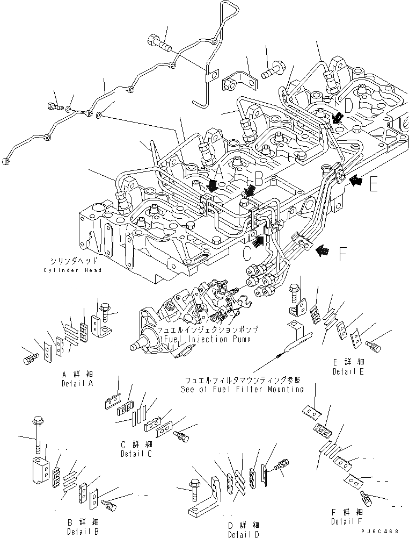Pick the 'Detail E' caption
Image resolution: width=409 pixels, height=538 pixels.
coord(348,371)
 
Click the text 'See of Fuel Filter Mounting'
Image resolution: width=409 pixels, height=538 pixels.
coord(242,389)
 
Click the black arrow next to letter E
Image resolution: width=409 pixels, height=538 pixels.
coord(355,181)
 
